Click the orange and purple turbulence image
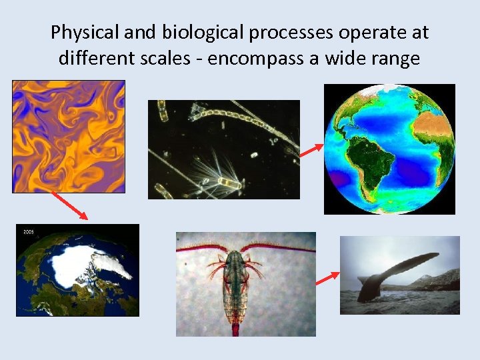(x=69, y=136)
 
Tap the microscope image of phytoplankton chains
(x=223, y=149)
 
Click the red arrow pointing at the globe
(x=311, y=151)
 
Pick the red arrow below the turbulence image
(x=69, y=205)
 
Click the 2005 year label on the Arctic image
(x=28, y=231)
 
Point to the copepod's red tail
(x=235, y=328)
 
